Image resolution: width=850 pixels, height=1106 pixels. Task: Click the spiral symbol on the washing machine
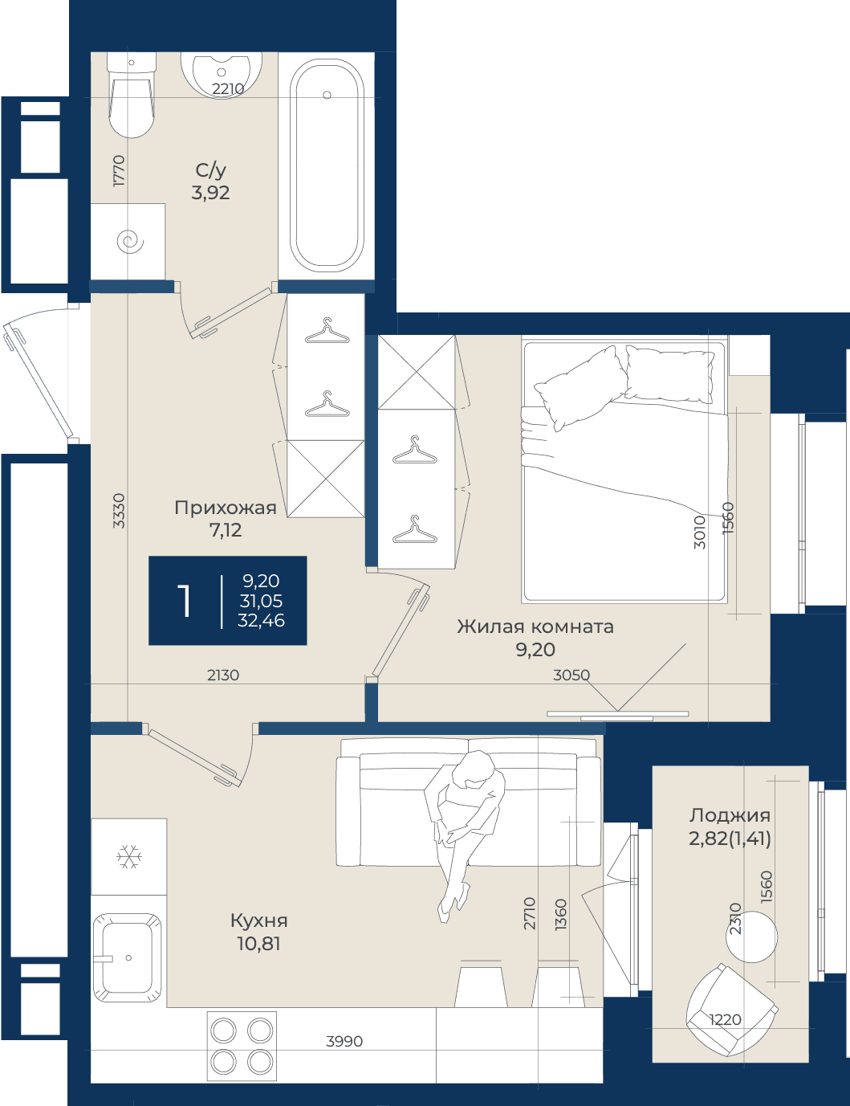click(131, 241)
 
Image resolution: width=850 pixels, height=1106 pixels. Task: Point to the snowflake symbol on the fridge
click(129, 856)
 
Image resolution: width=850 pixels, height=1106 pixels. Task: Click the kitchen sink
click(128, 957)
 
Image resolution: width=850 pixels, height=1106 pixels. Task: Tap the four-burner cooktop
click(242, 1046)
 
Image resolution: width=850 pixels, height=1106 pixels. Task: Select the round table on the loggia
click(751, 937)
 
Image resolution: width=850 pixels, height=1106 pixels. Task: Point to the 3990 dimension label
click(344, 1042)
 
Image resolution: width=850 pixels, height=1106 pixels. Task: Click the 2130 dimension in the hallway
click(223, 675)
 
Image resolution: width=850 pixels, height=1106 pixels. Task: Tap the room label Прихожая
click(226, 508)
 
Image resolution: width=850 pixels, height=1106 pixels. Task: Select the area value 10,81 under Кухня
click(258, 944)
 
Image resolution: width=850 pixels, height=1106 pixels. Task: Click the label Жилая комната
click(535, 626)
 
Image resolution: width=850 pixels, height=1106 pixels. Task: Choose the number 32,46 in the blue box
click(262, 620)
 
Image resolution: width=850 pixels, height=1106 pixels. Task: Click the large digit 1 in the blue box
click(184, 601)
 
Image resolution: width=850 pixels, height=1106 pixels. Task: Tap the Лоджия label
click(730, 816)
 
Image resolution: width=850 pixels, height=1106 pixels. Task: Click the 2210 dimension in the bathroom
click(228, 89)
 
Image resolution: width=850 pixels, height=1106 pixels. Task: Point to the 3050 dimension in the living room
click(571, 675)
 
